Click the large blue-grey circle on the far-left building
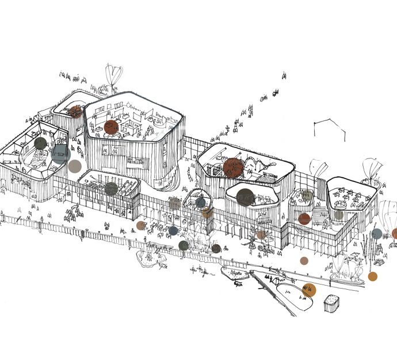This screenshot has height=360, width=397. [59, 153]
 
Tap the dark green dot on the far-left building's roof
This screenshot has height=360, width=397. [40, 143]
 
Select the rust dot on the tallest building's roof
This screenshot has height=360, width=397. [112, 127]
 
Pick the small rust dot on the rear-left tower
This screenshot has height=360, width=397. [75, 111]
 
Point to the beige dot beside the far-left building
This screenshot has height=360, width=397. [75, 167]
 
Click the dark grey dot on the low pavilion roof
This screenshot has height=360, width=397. [112, 188]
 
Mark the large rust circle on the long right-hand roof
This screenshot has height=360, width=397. [234, 166]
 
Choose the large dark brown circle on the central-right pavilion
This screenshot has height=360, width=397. [246, 197]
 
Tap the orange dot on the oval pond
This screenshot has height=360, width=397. [310, 290]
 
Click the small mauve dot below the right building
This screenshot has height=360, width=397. [304, 261]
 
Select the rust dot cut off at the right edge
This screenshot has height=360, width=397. [395, 233]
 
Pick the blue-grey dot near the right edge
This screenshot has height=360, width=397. [376, 234]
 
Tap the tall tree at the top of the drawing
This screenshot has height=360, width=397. [114, 75]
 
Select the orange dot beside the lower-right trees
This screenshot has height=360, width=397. [373, 276]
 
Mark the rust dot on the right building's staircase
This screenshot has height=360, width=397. [304, 219]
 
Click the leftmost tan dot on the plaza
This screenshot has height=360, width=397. [141, 226]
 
